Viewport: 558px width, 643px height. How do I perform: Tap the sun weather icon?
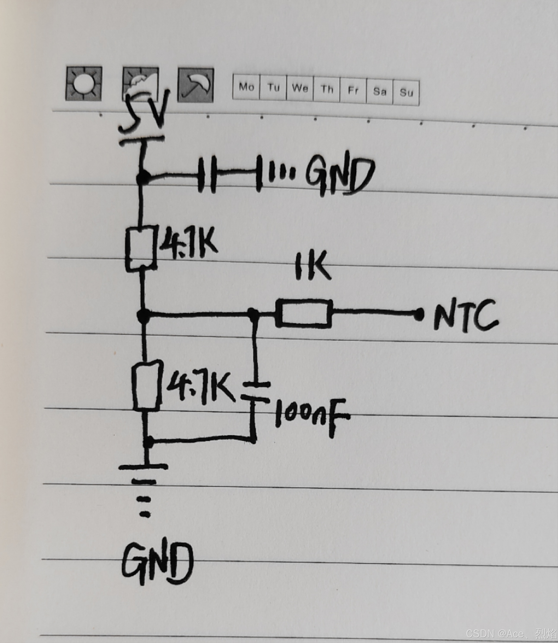pos(84,83)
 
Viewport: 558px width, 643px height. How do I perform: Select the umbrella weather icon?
pos(196,85)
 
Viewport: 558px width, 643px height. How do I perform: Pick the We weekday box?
pos(300,88)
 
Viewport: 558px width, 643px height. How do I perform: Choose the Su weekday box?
pos(406,92)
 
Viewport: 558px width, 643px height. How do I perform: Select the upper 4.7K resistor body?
pos(141,248)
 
